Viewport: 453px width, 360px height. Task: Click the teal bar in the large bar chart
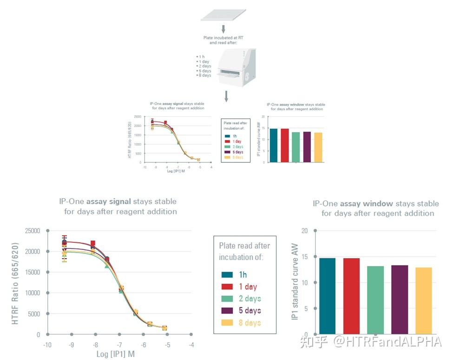pyautogui.click(x=328, y=296)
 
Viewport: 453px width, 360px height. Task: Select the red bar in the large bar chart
pyautogui.click(x=352, y=296)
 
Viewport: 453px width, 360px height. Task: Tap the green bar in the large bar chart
pyautogui.click(x=375, y=300)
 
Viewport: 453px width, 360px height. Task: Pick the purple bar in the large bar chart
pyautogui.click(x=400, y=300)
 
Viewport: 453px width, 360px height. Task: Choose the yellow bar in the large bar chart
pyautogui.click(x=424, y=300)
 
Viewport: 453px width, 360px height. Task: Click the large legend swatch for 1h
pyautogui.click(x=227, y=275)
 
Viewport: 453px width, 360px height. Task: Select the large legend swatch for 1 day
pyautogui.click(x=227, y=287)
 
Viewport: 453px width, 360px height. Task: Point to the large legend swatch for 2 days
pyautogui.click(x=227, y=299)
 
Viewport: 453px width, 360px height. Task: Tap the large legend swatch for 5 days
pyautogui.click(x=227, y=311)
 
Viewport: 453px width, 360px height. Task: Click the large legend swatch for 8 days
pyautogui.click(x=227, y=323)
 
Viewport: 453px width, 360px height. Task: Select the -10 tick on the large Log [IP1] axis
pyautogui.click(x=47, y=345)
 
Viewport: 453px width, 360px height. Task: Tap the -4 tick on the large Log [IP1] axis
pyautogui.click(x=191, y=345)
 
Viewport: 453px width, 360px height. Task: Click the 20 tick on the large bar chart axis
pyautogui.click(x=304, y=231)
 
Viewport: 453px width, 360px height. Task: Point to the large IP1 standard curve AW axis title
pyautogui.click(x=294, y=284)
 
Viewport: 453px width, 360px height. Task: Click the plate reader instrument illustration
pyautogui.click(x=235, y=67)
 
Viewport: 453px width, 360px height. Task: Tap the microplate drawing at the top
pyautogui.click(x=223, y=14)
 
